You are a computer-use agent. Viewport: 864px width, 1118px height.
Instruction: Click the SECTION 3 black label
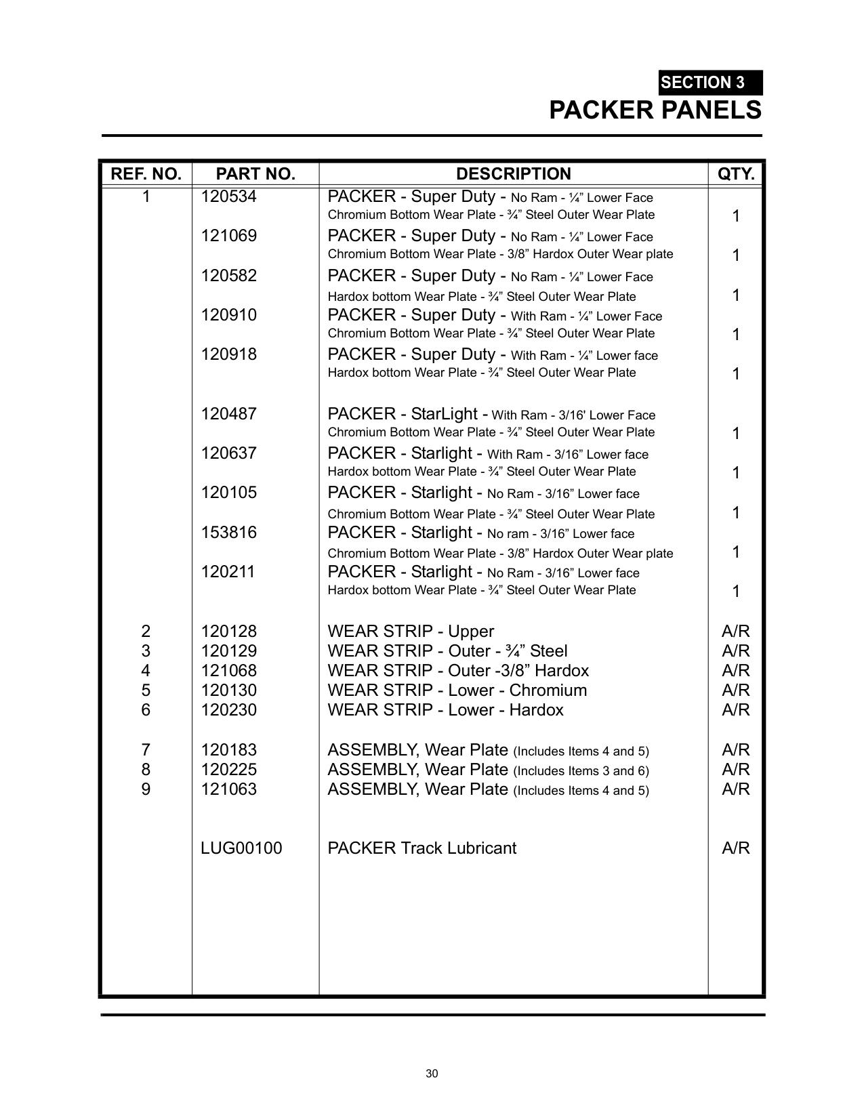coord(710,83)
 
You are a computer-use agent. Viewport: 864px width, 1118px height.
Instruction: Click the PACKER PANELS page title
coord(655,110)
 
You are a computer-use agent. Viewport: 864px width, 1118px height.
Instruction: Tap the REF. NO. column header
coord(146,174)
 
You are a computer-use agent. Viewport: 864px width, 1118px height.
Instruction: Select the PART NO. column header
coord(255,174)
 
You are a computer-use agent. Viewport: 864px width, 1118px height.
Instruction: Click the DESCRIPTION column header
coord(513,174)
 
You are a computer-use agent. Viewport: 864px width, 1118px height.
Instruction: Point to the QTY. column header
coord(736,174)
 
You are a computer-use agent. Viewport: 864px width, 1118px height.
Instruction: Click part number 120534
coord(229,196)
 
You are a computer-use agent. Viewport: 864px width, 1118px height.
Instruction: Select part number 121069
coord(229,236)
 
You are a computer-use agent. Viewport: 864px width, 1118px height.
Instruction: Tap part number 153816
coord(229,533)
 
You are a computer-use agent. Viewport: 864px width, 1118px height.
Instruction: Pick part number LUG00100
coord(241,848)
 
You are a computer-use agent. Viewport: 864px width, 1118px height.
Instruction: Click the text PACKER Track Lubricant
coord(421,848)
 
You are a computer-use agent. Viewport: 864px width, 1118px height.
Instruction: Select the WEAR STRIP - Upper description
coord(411,632)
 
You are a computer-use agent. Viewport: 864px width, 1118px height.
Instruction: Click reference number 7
coord(146,750)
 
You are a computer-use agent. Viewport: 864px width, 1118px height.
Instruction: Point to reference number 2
coord(146,632)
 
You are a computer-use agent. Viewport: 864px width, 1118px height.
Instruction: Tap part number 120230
coord(229,710)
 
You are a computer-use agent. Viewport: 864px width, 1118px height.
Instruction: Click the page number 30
coord(432,1073)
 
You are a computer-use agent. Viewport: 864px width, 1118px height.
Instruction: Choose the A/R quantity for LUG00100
coord(736,848)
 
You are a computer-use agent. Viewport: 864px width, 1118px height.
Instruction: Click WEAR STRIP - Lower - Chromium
coord(457,690)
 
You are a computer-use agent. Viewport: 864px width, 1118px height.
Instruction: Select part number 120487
coord(229,414)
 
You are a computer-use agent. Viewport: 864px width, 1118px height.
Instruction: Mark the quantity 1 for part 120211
coord(736,592)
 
